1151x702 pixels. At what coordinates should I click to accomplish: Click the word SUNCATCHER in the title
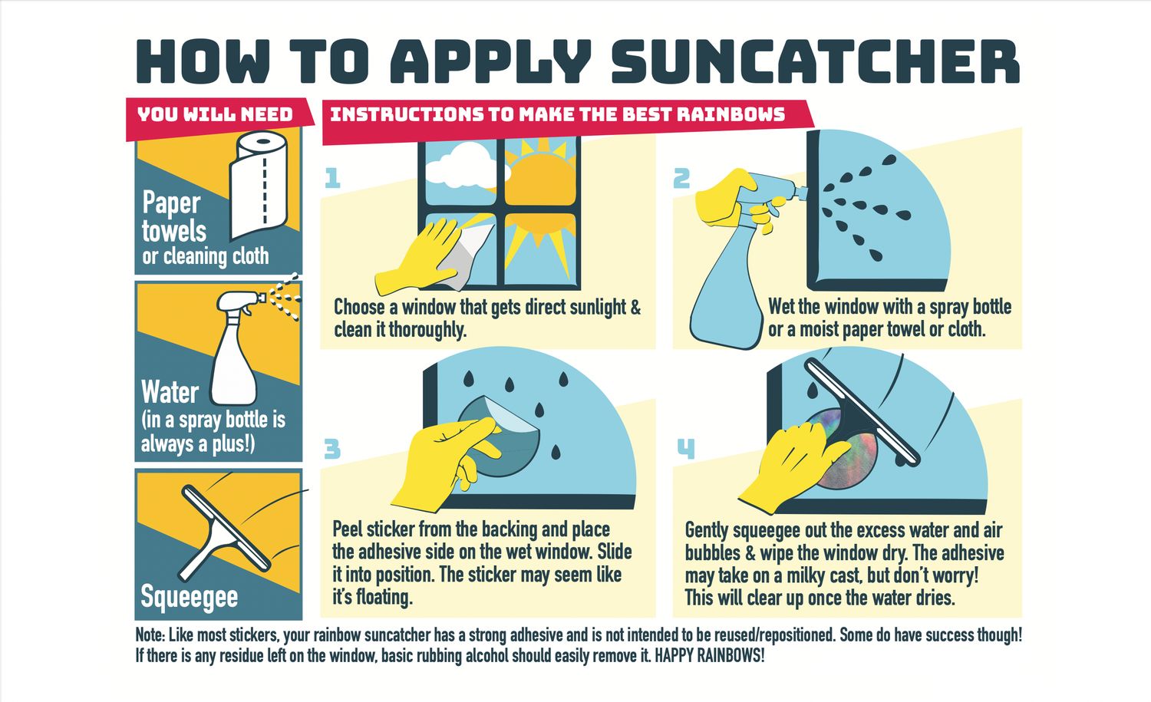pos(816,61)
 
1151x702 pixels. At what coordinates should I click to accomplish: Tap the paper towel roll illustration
pos(259,184)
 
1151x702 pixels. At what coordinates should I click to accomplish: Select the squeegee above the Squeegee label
pos(225,533)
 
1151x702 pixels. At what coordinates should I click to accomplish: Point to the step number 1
pos(332,178)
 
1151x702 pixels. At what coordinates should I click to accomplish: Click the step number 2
pos(681,178)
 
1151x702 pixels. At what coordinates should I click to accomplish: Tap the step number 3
pos(332,449)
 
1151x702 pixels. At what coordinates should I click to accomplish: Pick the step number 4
pos(686,449)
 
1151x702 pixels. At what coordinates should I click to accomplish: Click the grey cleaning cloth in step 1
pos(465,255)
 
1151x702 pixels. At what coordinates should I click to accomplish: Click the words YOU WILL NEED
pos(215,114)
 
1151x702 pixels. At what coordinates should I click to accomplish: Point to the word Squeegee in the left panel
pos(189,597)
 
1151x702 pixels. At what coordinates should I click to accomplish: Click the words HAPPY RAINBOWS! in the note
pos(710,656)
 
